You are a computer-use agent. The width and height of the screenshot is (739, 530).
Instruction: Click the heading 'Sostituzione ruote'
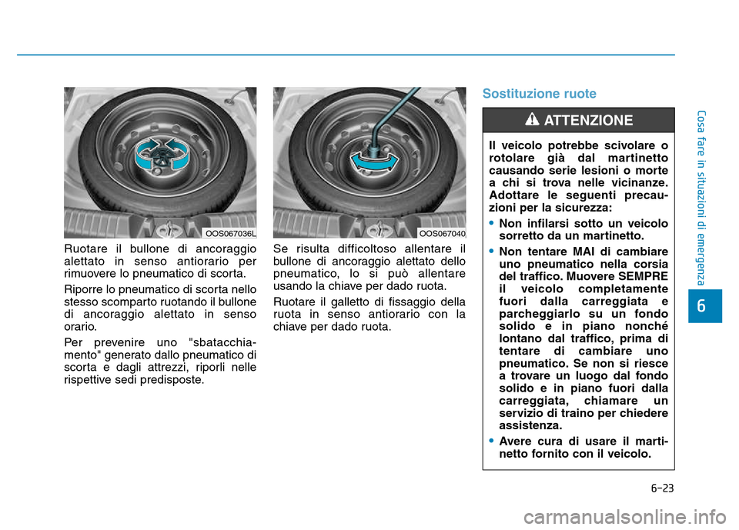pos(539,94)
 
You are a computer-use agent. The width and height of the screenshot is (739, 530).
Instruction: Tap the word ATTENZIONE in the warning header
pos(588,120)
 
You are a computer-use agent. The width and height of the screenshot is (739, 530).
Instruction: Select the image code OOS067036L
pos(231,232)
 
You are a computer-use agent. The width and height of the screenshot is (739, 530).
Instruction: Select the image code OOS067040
pos(443,232)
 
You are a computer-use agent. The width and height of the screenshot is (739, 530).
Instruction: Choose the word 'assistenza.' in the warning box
pos(530,425)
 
